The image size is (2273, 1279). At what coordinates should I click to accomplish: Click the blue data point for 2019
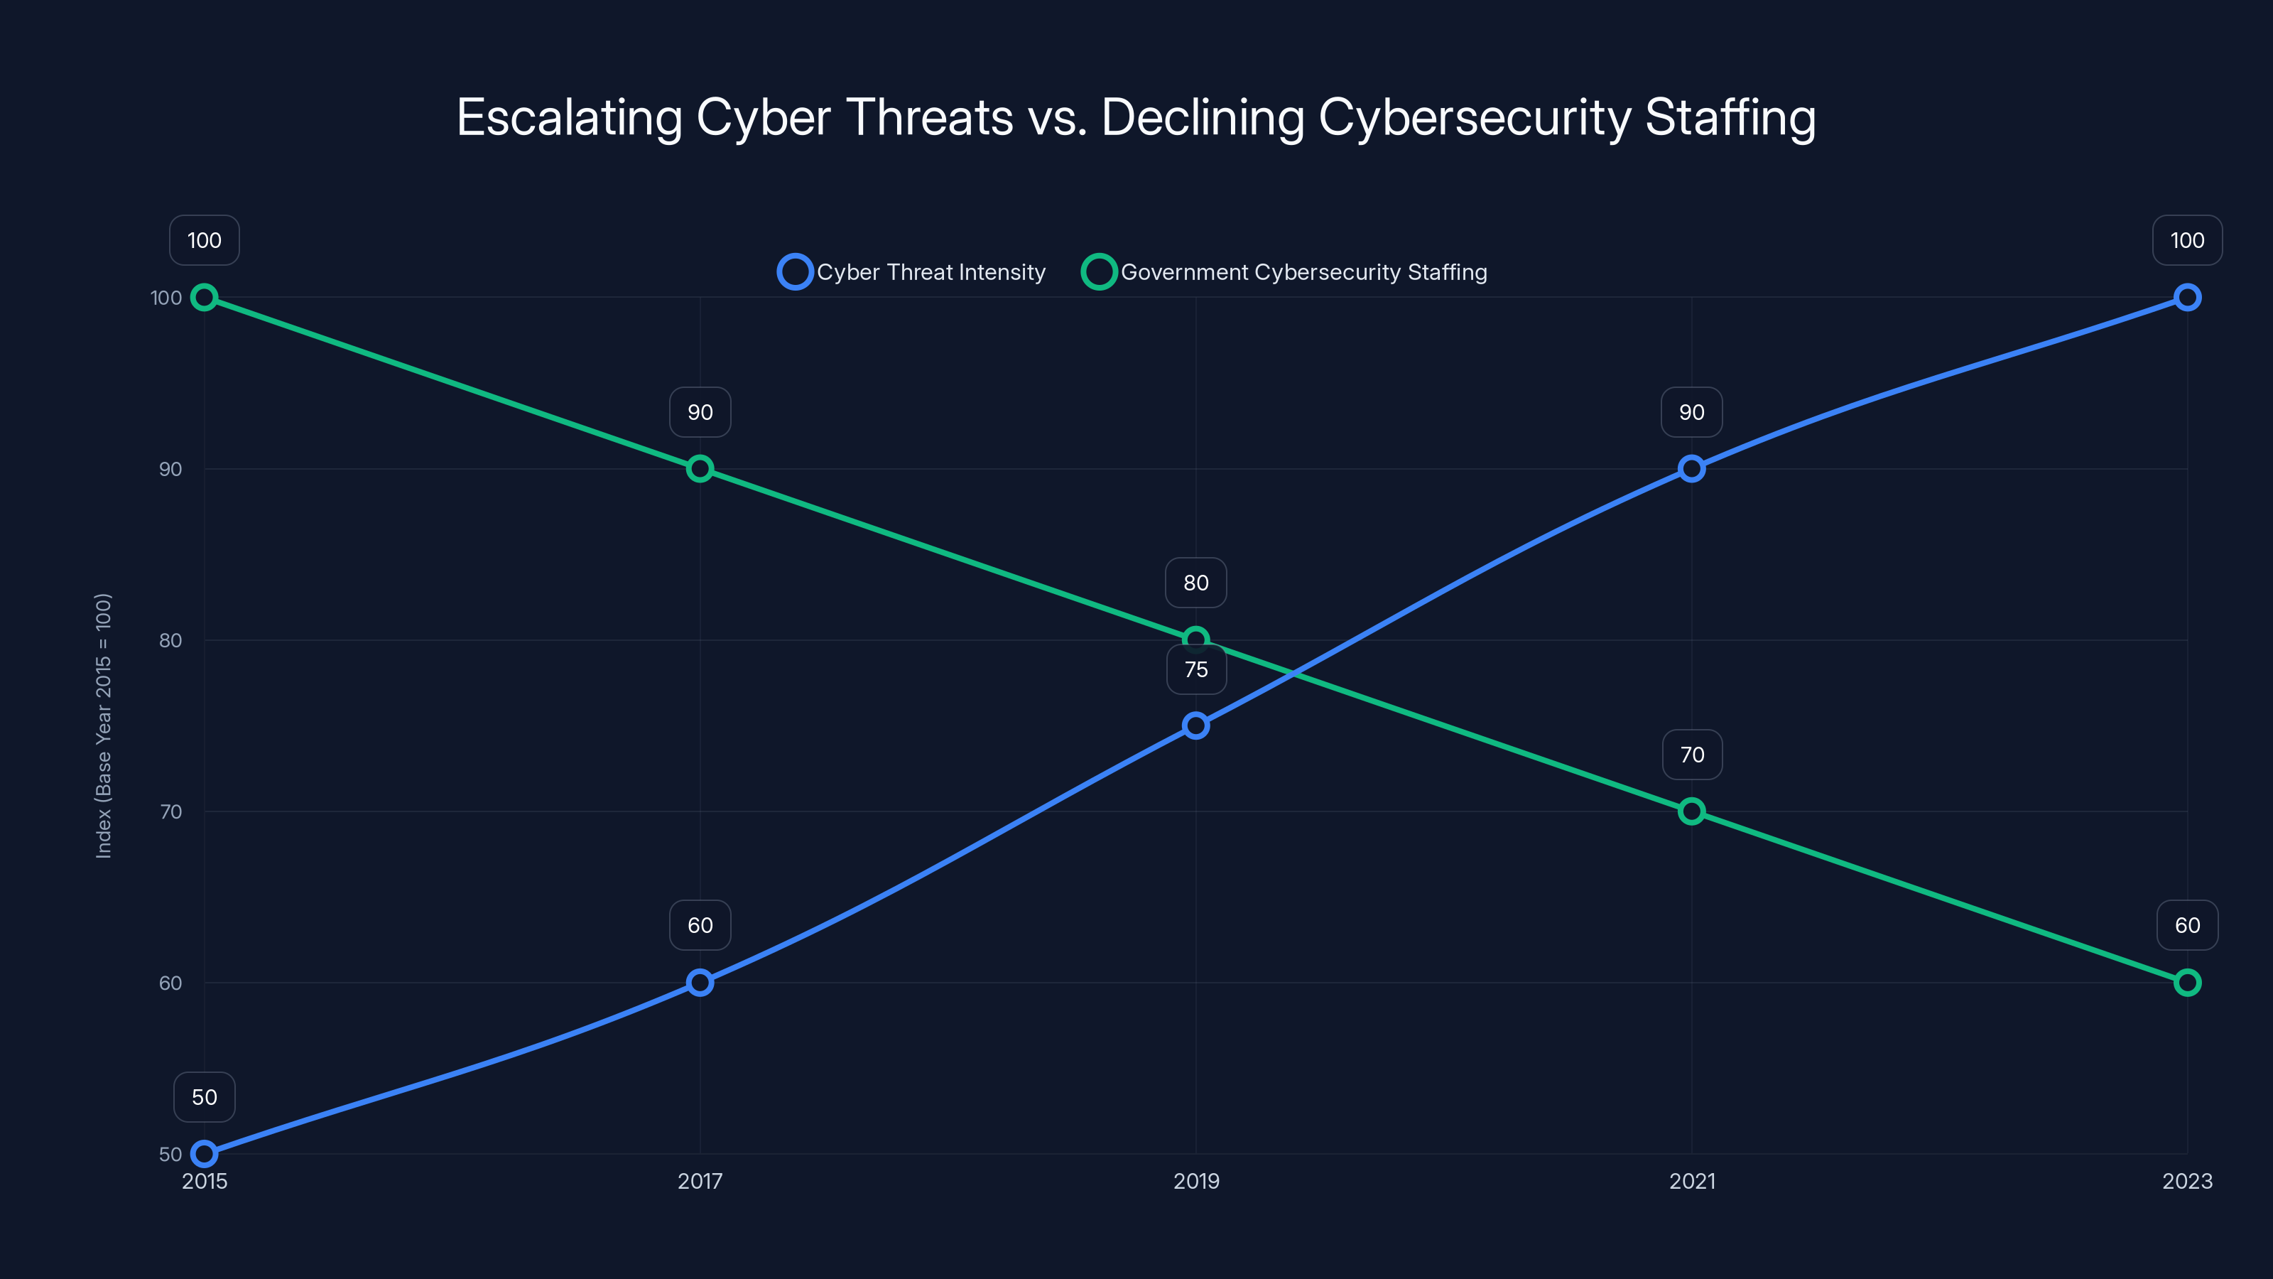pyautogui.click(x=1195, y=725)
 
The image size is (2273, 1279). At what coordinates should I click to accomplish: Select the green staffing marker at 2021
pyautogui.click(x=1691, y=811)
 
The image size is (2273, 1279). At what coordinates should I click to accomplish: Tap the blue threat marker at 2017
pyautogui.click(x=700, y=983)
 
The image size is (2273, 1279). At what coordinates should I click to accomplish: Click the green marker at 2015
pyautogui.click(x=204, y=298)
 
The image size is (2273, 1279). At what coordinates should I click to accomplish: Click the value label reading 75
pyautogui.click(x=1195, y=670)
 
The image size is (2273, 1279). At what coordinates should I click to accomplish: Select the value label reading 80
pyautogui.click(x=1195, y=583)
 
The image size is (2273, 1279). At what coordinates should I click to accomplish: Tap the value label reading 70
pyautogui.click(x=1691, y=755)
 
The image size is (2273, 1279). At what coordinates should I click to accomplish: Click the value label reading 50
pyautogui.click(x=204, y=1097)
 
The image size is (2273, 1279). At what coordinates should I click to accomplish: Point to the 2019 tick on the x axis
pyautogui.click(x=1195, y=1181)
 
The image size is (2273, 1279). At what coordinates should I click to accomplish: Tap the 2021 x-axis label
pyautogui.click(x=1691, y=1181)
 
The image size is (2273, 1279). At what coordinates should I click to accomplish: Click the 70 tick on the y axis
pyautogui.click(x=170, y=811)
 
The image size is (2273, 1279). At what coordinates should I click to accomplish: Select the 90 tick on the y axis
pyautogui.click(x=170, y=469)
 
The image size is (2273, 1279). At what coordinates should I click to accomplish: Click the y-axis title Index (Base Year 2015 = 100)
pyautogui.click(x=103, y=725)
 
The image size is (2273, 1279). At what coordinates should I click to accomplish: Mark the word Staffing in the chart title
pyautogui.click(x=1730, y=117)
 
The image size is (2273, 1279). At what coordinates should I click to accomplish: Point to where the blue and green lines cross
pyautogui.click(x=1293, y=674)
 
